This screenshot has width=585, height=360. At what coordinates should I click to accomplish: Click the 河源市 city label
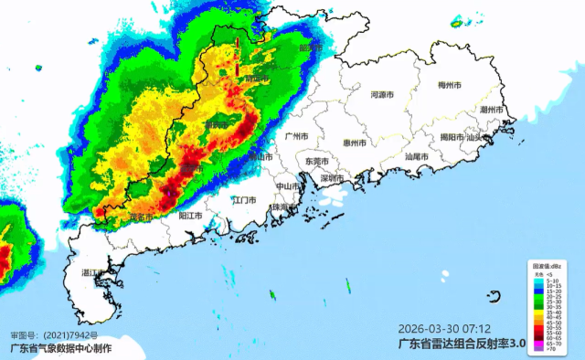[381, 94]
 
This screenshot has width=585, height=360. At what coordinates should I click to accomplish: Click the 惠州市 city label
[354, 143]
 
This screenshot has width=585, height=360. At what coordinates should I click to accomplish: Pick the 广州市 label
[297, 135]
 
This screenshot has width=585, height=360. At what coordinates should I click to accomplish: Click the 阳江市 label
[190, 216]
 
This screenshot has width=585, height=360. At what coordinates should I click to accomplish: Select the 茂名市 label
[140, 217]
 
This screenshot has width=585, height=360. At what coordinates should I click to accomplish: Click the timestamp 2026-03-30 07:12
[444, 328]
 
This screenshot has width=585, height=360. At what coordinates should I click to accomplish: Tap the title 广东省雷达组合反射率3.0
[463, 344]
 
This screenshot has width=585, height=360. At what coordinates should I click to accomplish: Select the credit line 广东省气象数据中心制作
[60, 348]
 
